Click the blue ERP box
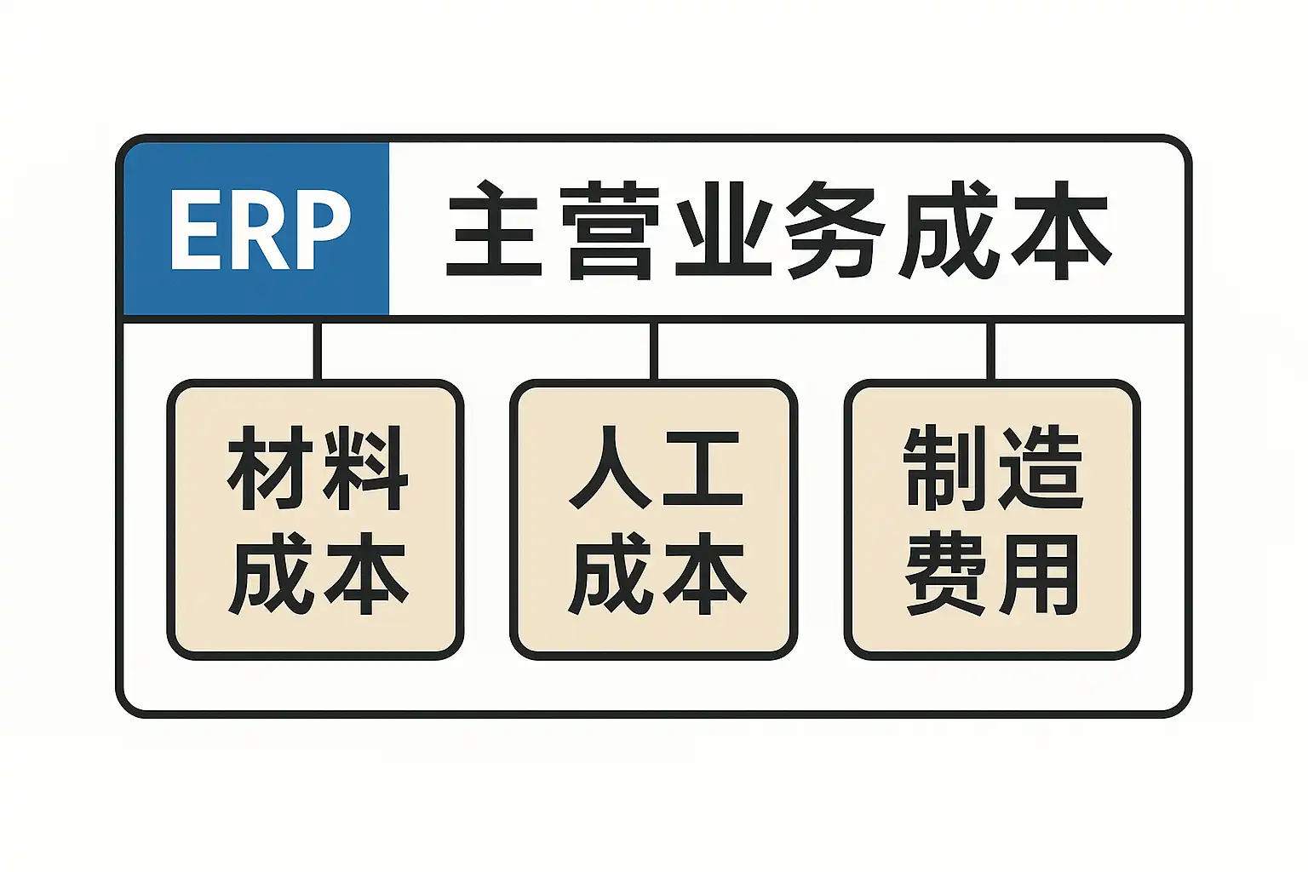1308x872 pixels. (255, 228)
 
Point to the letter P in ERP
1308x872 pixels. (324, 229)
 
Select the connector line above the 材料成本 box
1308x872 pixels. (317, 350)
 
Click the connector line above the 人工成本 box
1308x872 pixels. (654, 350)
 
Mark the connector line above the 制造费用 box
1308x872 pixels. (990, 350)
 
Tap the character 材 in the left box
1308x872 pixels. (269, 469)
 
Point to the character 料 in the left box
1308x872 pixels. (364, 469)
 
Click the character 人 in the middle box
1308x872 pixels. (610, 468)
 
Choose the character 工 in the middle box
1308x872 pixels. (703, 469)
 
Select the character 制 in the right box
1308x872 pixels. (945, 468)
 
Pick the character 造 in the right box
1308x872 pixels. (1040, 468)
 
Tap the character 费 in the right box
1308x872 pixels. (945, 573)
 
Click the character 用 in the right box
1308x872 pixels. (1040, 573)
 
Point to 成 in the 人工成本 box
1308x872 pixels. (610, 573)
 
